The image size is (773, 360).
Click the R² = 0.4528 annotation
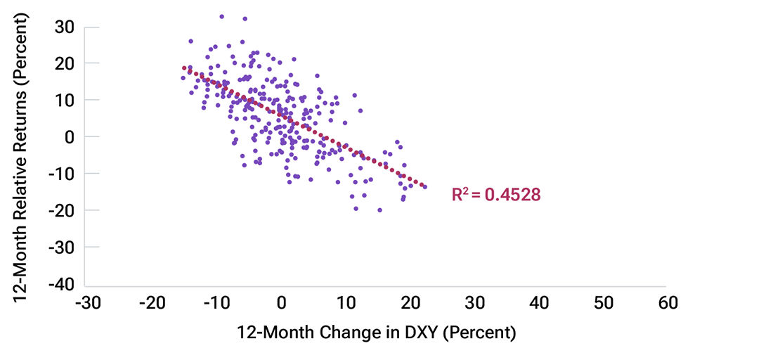coord(496,195)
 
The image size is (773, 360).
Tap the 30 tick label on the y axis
coord(66,27)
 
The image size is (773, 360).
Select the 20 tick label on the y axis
coord(66,63)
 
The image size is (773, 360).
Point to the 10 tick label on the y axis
coord(66,100)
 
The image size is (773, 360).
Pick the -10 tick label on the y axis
coord(62,174)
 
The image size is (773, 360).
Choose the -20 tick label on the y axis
coord(62,210)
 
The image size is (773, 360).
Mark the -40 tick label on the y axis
coord(62,284)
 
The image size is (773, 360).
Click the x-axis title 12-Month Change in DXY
coord(376,332)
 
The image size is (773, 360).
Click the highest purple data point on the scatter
coord(221,15)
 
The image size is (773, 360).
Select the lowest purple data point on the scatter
coord(379,210)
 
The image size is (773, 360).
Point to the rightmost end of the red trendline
coord(424,186)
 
